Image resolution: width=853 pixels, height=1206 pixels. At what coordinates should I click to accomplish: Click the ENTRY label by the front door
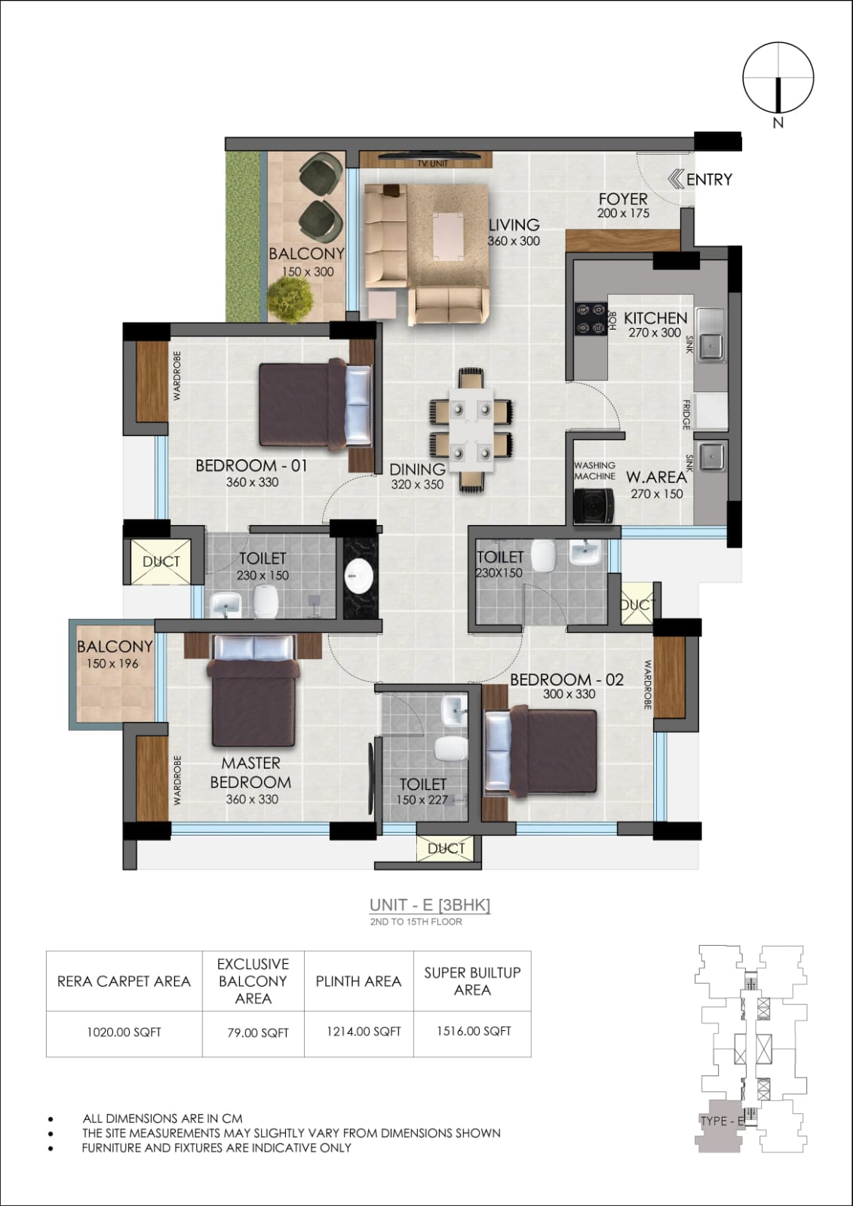coord(709,180)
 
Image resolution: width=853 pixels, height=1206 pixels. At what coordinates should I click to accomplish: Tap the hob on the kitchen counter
coord(591,318)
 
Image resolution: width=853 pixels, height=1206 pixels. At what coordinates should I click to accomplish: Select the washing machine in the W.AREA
coord(594,505)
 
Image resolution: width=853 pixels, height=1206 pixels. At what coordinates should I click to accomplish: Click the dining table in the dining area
coord(471,429)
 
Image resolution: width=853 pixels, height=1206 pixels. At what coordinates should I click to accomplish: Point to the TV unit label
coord(432,163)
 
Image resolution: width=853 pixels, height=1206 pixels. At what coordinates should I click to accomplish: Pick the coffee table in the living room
coord(448,236)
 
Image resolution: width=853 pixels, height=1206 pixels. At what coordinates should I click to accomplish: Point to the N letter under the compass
coord(778,123)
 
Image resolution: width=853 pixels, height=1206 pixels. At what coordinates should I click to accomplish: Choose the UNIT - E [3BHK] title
coord(430,905)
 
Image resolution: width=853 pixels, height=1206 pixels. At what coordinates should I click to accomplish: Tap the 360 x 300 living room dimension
coord(514,241)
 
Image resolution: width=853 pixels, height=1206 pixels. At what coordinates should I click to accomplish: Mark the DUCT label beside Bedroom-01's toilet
coord(161,562)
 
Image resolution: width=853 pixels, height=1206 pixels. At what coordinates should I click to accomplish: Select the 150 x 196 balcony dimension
coord(112,664)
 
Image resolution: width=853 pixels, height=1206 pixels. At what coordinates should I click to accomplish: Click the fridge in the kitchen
coord(710,412)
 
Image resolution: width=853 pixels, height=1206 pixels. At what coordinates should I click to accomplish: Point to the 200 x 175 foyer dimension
coord(623,213)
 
